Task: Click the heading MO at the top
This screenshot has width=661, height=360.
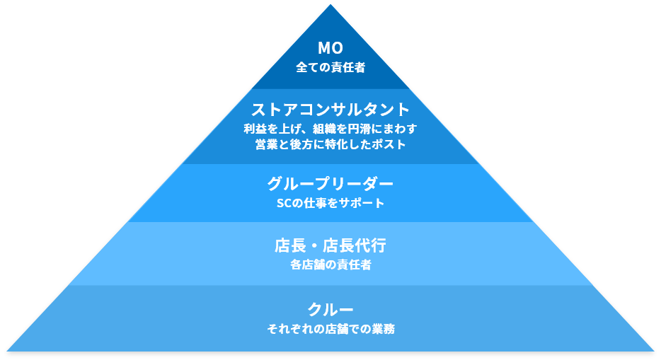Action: tap(330, 49)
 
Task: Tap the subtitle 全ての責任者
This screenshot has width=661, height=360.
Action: tap(330, 69)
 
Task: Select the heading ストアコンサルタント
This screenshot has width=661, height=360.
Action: tap(330, 110)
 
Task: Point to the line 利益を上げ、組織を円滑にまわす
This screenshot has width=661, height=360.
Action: tap(330, 129)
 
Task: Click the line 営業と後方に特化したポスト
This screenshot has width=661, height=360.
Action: tap(330, 144)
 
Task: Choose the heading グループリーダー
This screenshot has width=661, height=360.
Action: tap(330, 184)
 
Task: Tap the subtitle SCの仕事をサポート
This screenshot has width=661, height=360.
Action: tap(330, 204)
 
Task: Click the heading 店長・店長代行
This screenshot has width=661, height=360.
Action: tap(330, 246)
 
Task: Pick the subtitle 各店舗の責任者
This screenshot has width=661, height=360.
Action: tap(330, 265)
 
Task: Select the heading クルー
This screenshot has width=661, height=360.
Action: tap(330, 310)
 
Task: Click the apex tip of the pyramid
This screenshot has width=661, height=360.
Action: tap(330, 6)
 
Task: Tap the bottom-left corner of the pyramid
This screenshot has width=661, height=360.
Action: tap(8, 350)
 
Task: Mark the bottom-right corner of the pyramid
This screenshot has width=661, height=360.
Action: tap(653, 350)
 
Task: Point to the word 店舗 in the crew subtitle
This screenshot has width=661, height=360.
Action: tap(345, 329)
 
